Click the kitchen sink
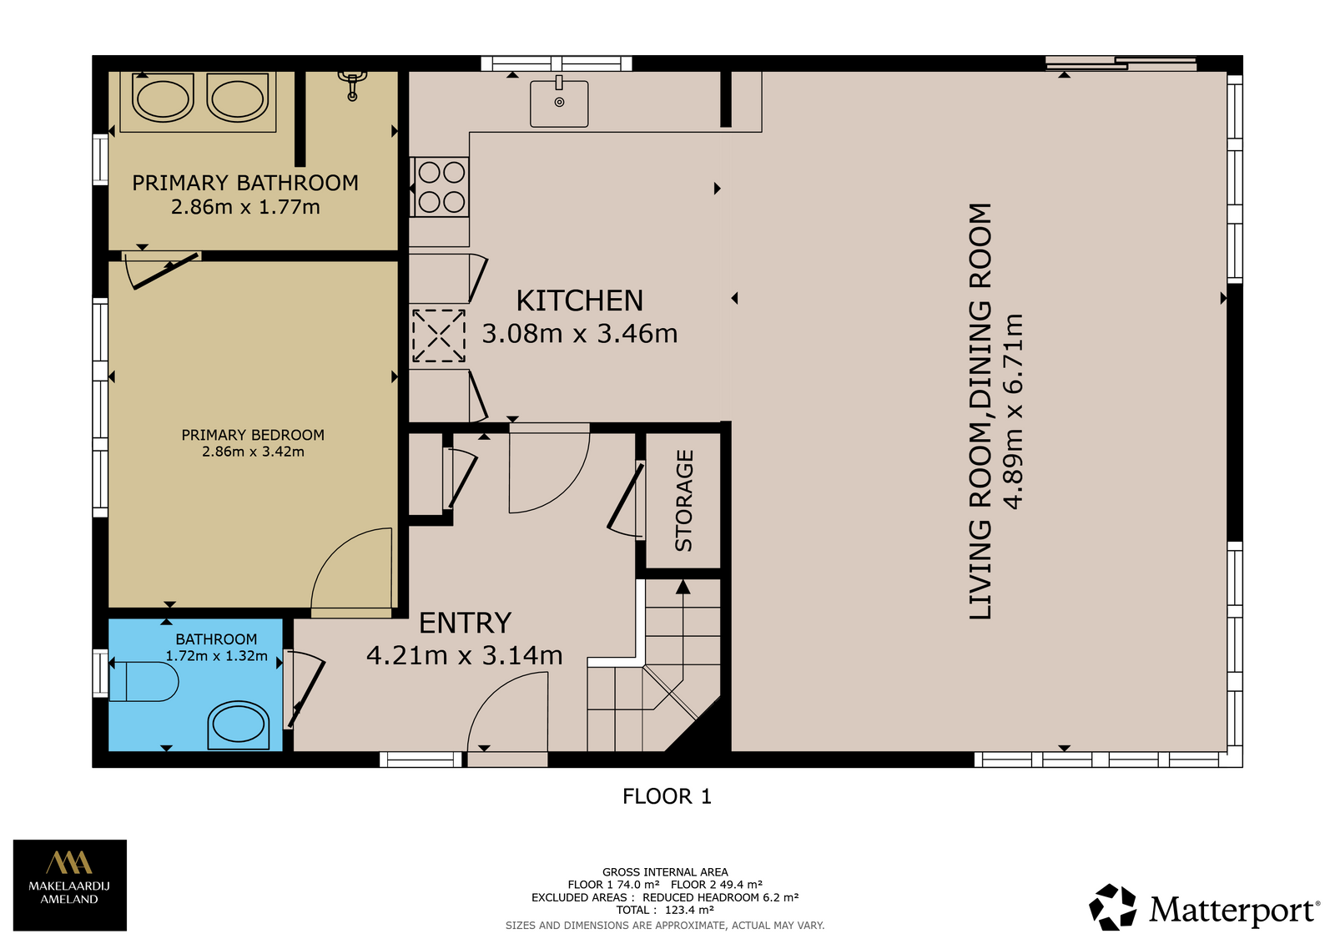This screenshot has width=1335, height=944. coord(559,103)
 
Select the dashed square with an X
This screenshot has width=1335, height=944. coord(439,336)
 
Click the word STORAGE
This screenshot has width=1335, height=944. coord(683,501)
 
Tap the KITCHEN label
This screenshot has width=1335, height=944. coord(579,300)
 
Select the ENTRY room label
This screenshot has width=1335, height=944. coord(465,623)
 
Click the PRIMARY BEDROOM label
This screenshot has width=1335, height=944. coord(253,435)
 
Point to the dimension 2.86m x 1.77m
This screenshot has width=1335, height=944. coord(245,207)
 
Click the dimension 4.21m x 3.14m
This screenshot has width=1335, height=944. coord(464,655)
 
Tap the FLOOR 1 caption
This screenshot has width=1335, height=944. coord(667,796)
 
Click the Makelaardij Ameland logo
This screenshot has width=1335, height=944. coord(70,885)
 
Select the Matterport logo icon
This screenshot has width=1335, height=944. coord(1112,907)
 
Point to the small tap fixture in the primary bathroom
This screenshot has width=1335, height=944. coord(352,85)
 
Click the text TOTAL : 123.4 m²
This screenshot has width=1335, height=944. coord(665,910)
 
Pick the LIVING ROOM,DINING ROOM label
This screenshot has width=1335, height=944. coord(980,411)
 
